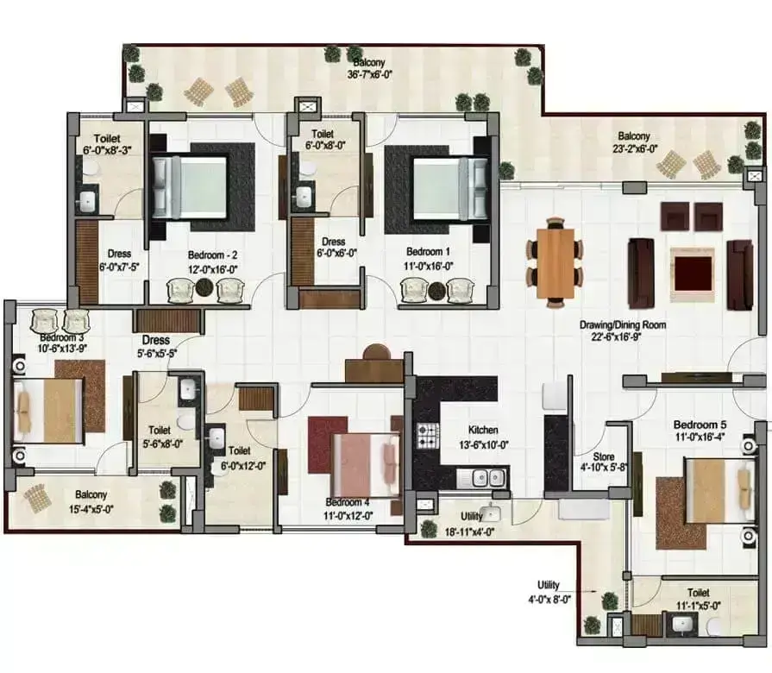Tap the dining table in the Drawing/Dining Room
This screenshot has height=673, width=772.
(555, 263)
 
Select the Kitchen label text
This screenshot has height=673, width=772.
(483, 430)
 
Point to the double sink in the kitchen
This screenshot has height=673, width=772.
(488, 477)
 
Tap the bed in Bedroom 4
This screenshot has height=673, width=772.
(366, 465)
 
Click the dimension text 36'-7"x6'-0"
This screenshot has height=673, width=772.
(370, 75)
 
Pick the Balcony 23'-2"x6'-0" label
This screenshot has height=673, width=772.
(634, 142)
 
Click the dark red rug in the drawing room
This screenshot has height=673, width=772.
(694, 274)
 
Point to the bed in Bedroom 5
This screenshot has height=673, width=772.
(719, 491)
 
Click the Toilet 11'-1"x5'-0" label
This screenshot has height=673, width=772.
(698, 599)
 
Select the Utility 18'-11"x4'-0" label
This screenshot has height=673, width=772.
(470, 524)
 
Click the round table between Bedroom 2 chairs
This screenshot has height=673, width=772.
(204, 288)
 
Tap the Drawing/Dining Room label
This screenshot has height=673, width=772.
(623, 330)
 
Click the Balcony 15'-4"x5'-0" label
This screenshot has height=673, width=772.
(91, 501)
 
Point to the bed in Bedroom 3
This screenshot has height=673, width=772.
(48, 411)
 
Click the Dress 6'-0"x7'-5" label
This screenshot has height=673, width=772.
(119, 260)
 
